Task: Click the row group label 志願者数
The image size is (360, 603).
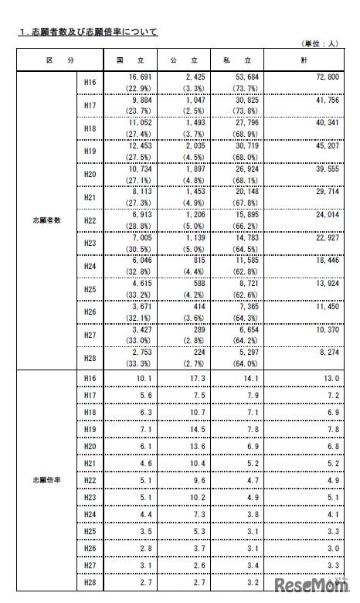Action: pos(43,220)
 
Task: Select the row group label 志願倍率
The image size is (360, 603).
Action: pos(43,479)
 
